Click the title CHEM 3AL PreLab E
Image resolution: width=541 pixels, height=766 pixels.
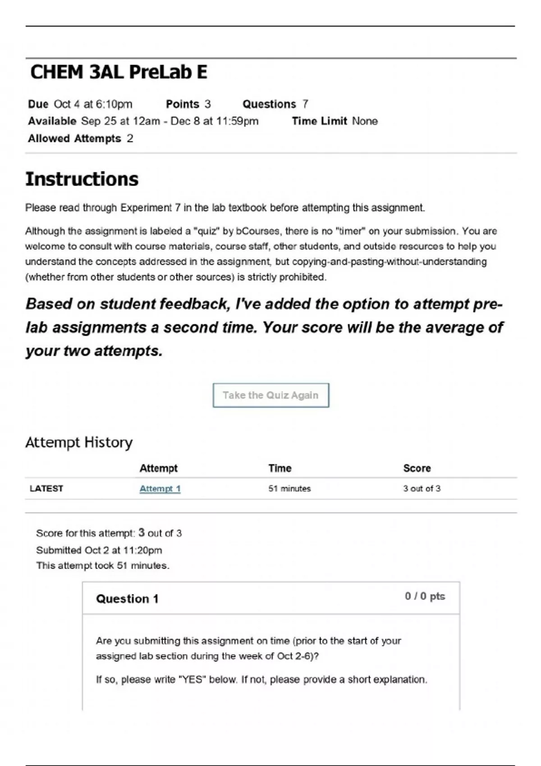coord(119,73)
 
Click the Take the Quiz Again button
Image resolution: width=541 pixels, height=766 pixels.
coord(271,395)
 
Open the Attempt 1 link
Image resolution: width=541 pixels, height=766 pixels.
coord(160,488)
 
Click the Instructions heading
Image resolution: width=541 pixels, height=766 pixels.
coord(82,179)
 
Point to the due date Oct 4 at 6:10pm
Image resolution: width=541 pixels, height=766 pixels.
coord(93,104)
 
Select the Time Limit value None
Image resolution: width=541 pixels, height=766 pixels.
coord(365,121)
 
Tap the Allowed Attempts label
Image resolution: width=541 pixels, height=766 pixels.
coord(74,138)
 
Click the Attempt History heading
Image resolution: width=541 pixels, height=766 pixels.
coord(79,442)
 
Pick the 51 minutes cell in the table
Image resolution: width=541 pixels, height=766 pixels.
coord(289,488)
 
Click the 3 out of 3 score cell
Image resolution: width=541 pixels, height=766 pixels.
coord(422,488)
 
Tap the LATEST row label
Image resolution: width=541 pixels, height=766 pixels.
coord(46,488)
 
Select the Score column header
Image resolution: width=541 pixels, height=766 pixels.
coord(417,468)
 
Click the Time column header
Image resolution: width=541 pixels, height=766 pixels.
coord(280,468)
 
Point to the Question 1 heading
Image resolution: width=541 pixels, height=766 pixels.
coord(127,599)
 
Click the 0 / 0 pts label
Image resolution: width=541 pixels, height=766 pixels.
coord(425,597)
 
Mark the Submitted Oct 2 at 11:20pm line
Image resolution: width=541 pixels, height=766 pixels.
coord(99,550)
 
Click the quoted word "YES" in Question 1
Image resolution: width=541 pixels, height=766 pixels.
coord(193,679)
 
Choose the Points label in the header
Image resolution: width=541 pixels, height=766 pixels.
coord(183,104)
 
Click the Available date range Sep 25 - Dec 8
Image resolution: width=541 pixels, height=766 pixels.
coord(170,121)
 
